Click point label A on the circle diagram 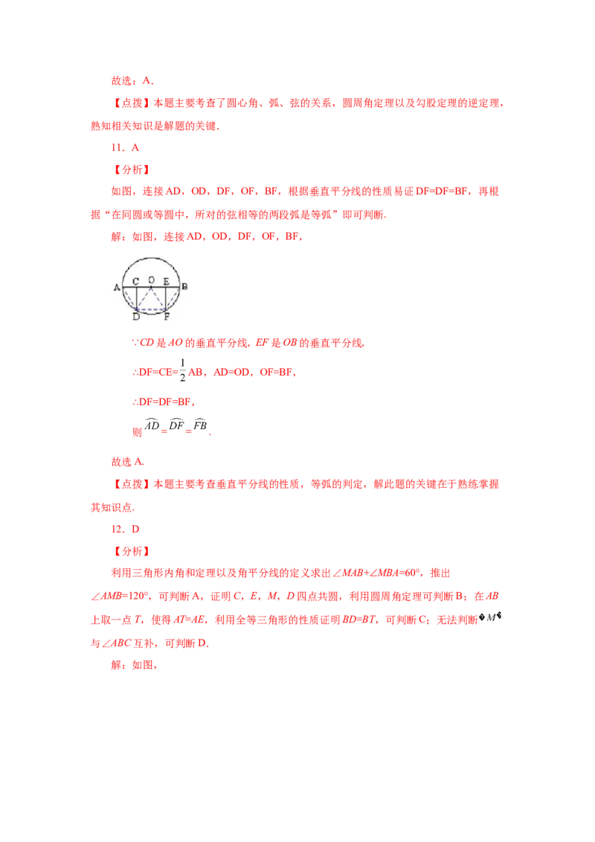[x=117, y=288]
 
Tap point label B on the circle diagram [x=184, y=286]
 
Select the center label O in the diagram [x=152, y=280]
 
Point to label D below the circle [x=136, y=317]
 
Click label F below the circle [x=167, y=317]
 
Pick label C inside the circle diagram [x=135, y=281]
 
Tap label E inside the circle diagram [x=167, y=281]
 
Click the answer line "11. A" [x=125, y=148]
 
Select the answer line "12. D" [x=125, y=529]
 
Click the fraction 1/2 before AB [x=182, y=370]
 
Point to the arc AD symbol [x=152, y=424]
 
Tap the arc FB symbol [x=200, y=424]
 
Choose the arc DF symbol [x=176, y=424]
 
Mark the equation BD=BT [x=358, y=620]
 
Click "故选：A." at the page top [x=132, y=81]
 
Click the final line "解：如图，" [x=135, y=665]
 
